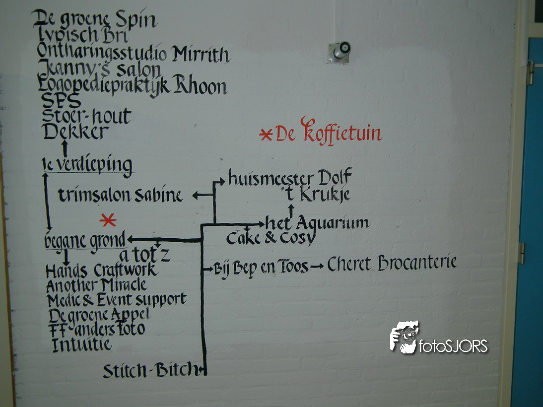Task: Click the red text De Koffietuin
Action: click(328, 133)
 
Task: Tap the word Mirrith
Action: click(201, 54)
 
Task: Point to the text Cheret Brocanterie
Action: click(392, 264)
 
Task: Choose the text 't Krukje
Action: click(315, 195)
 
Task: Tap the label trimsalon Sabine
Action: click(121, 196)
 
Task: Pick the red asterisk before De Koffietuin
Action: click(266, 135)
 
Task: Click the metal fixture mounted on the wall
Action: click(339, 52)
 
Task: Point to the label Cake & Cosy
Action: click(271, 238)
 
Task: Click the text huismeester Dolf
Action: click(290, 178)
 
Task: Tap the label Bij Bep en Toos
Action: click(261, 268)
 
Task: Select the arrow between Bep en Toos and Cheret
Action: click(316, 268)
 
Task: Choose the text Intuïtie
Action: click(82, 344)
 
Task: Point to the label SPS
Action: click(62, 101)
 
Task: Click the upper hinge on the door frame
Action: click(530, 72)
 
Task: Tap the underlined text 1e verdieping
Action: click(87, 164)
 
